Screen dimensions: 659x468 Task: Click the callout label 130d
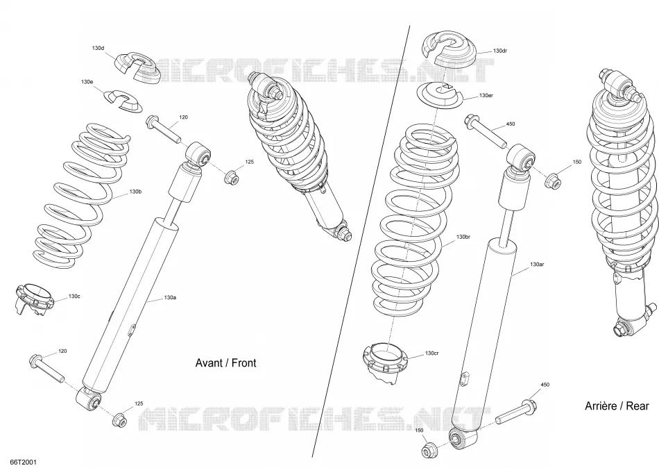pyautogui.click(x=98, y=48)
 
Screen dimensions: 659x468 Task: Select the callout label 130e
pyautogui.click(x=87, y=82)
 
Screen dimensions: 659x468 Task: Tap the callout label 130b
pyautogui.click(x=135, y=192)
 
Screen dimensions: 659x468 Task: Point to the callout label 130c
pyautogui.click(x=74, y=296)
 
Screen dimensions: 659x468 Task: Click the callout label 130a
pyautogui.click(x=170, y=298)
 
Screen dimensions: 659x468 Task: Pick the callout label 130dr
pyautogui.click(x=500, y=51)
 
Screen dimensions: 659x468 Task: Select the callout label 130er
pyautogui.click(x=486, y=96)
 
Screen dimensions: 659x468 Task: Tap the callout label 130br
pyautogui.click(x=463, y=237)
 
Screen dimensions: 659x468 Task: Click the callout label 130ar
pyautogui.click(x=537, y=265)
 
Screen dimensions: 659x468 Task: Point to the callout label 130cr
pyautogui.click(x=432, y=353)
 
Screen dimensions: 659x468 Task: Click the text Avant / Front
pyautogui.click(x=225, y=362)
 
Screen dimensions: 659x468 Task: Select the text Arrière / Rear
pyautogui.click(x=617, y=406)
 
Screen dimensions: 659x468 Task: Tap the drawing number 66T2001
pyautogui.click(x=20, y=462)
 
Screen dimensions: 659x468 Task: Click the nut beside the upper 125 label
pyautogui.click(x=232, y=177)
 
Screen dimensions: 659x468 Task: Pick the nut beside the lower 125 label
pyautogui.click(x=119, y=419)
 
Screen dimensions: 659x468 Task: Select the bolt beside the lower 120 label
pyautogui.click(x=46, y=368)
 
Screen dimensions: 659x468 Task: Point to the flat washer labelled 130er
pyautogui.click(x=440, y=97)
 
